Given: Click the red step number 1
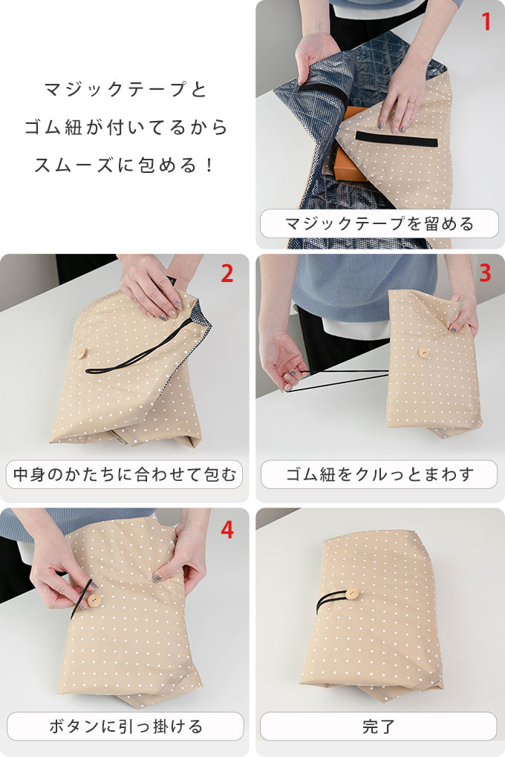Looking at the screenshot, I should (486, 22).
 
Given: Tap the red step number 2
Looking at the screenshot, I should (227, 274).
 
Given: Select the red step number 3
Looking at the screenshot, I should (485, 274).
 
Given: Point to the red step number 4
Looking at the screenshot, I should (227, 529).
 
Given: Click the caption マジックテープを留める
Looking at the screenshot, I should (379, 223).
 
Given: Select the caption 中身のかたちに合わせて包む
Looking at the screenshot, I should (125, 473).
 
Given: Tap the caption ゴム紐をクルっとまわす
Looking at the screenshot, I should (379, 473).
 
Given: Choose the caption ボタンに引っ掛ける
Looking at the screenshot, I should (125, 726).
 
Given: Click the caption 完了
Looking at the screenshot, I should (379, 726).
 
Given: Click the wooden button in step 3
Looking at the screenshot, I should (424, 353).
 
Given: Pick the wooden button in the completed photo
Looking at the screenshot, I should (351, 594).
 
